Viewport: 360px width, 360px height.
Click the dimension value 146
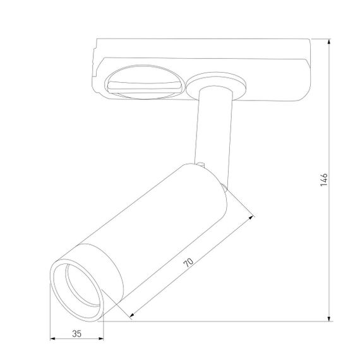[x=323, y=180]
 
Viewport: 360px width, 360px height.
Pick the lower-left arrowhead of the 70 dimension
[x=131, y=313]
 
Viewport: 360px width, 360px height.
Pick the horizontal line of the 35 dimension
[x=76, y=339]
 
